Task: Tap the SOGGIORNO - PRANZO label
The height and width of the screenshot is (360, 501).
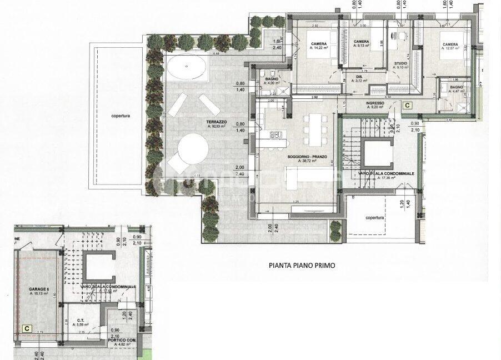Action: pyautogui.click(x=303, y=157)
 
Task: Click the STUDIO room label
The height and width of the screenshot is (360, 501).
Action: pyautogui.click(x=400, y=64)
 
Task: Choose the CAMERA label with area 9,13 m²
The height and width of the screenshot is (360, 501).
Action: pyautogui.click(x=362, y=42)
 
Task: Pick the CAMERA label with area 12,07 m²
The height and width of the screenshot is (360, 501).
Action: pyautogui.click(x=450, y=44)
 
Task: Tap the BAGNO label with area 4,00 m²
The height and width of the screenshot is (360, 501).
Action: pyautogui.click(x=271, y=79)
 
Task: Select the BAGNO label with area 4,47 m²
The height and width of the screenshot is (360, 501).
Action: pyautogui.click(x=457, y=87)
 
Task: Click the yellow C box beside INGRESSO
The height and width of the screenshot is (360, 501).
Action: pyautogui.click(x=407, y=105)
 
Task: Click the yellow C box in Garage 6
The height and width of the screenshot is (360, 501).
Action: pyautogui.click(x=26, y=328)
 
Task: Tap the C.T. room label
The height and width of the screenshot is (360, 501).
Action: pyautogui.click(x=80, y=320)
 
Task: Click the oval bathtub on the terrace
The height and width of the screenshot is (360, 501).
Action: pyautogui.click(x=187, y=69)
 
